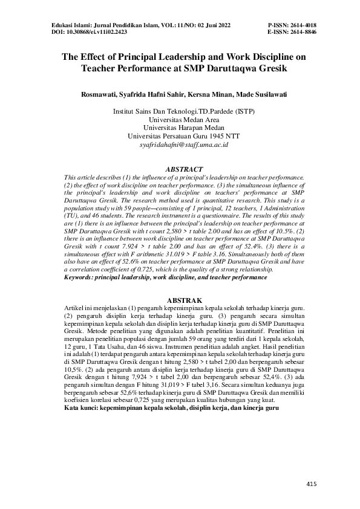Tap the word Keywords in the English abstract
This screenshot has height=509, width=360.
[x=79, y=277]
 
